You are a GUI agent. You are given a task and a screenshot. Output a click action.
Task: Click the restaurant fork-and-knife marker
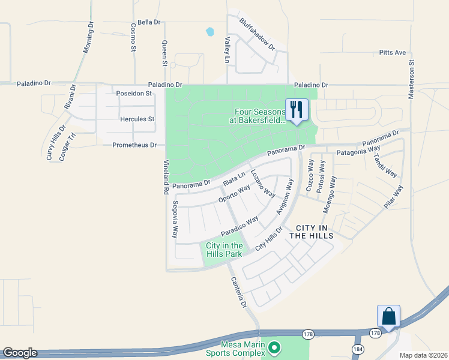click(x=296, y=109)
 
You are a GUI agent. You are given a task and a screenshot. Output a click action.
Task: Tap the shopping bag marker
click(x=388, y=316)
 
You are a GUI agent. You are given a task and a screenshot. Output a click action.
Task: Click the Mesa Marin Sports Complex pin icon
click(x=274, y=347)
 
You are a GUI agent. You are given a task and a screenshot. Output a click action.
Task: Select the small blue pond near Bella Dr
click(x=209, y=31)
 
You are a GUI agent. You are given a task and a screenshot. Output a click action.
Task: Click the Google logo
click(x=20, y=353)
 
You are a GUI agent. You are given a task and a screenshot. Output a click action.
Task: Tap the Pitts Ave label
click(x=393, y=53)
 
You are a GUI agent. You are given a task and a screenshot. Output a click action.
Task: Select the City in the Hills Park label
click(x=224, y=250)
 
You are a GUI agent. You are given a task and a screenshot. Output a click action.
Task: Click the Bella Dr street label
click(x=149, y=22)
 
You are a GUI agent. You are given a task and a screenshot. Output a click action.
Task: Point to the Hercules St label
click(x=137, y=119)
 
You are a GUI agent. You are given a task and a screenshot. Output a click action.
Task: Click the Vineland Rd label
click(x=166, y=178)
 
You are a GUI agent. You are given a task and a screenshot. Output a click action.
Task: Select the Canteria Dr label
click(x=238, y=293)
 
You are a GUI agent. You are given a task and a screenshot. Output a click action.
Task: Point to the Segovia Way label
click(x=175, y=220)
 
